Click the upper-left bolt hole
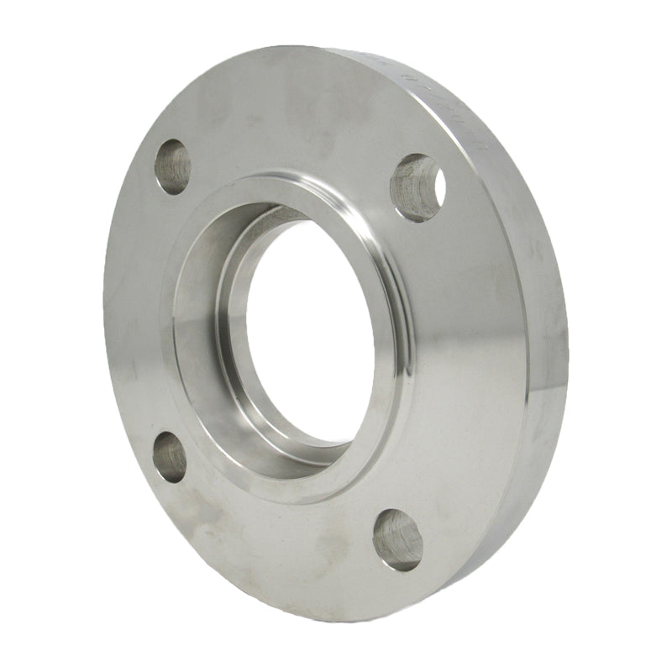173,166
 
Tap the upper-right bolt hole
417,186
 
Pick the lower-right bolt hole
397,539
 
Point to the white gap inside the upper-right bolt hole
434,180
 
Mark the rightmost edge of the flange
569,353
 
